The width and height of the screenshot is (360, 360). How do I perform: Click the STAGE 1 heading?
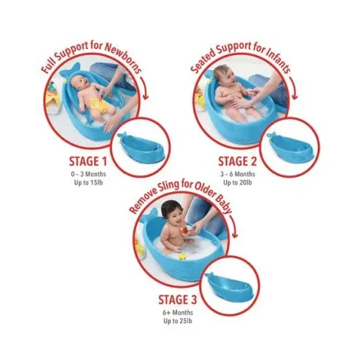(x=88, y=162)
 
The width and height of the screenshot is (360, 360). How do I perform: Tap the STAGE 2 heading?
(x=237, y=162)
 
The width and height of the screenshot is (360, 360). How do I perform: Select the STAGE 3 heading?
(x=178, y=299)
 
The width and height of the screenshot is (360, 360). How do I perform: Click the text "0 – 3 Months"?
(x=88, y=174)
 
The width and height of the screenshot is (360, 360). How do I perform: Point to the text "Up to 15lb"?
(x=88, y=183)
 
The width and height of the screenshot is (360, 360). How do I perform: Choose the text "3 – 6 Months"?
(x=237, y=174)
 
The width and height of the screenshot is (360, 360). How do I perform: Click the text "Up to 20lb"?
(x=237, y=183)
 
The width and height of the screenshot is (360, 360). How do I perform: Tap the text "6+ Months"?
(x=178, y=313)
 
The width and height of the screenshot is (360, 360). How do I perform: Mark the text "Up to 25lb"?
(x=178, y=321)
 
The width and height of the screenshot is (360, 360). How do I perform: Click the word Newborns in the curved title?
(x=123, y=58)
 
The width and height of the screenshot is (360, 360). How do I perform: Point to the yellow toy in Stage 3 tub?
(x=182, y=256)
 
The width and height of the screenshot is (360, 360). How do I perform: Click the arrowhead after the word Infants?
(x=294, y=97)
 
